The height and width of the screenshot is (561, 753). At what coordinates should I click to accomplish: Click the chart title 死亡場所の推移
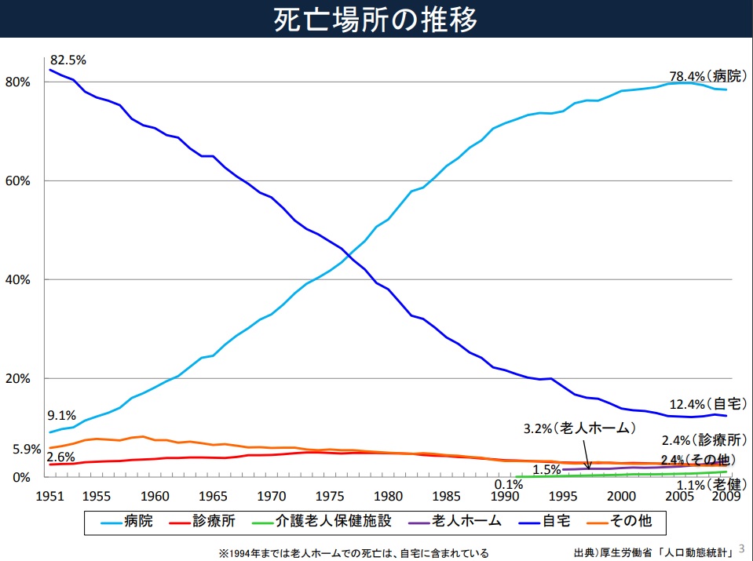(x=375, y=20)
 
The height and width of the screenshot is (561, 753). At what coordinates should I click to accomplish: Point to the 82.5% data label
(x=68, y=60)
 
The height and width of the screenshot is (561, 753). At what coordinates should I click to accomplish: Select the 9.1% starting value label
(x=62, y=416)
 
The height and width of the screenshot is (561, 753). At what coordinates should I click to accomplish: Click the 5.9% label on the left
(x=27, y=450)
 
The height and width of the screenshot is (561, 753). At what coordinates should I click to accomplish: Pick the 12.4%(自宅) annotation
(x=705, y=405)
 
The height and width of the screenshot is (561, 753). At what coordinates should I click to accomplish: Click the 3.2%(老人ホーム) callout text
(x=579, y=429)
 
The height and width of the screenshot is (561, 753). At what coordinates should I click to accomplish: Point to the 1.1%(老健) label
(x=722, y=484)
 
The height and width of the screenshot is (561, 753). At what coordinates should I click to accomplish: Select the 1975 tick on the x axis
(x=328, y=496)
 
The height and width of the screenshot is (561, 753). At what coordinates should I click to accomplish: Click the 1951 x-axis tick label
(x=50, y=496)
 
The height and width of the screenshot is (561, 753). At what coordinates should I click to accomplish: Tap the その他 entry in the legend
(x=635, y=520)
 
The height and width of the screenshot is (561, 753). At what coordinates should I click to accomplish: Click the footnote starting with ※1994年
(x=353, y=553)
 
